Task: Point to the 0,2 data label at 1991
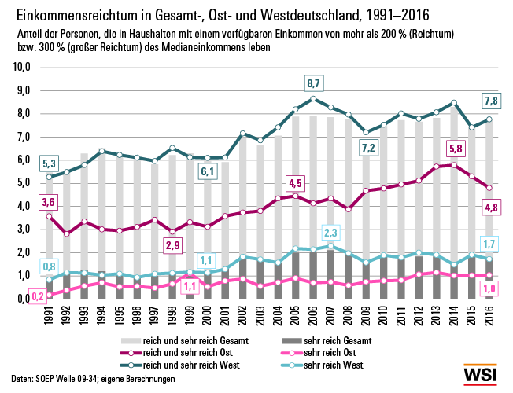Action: pyautogui.click(x=38, y=296)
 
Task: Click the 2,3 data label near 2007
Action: pyautogui.click(x=330, y=232)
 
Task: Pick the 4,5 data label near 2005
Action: pyautogui.click(x=296, y=184)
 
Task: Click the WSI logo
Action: pyautogui.click(x=481, y=375)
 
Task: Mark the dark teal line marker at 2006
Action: pyautogui.click(x=314, y=99)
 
